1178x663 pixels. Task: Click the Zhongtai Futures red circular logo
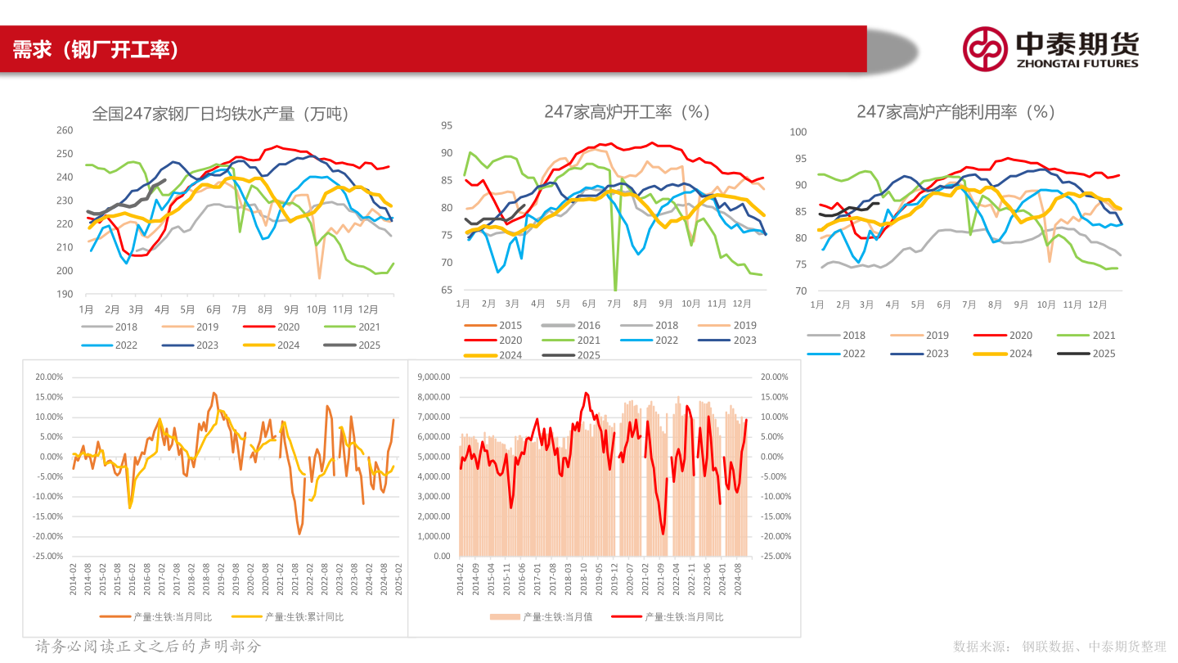[x=984, y=49]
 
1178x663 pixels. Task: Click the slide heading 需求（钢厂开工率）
[x=96, y=50]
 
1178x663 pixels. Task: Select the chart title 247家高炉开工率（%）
[x=627, y=111]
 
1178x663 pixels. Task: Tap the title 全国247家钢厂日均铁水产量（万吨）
[x=221, y=114]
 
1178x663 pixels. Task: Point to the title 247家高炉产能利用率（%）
[x=955, y=111]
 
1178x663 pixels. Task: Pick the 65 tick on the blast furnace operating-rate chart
[x=447, y=291]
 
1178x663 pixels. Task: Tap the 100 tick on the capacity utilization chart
[x=798, y=132]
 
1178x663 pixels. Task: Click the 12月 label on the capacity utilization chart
[x=1097, y=304]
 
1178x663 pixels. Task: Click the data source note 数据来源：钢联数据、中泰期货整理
[x=1059, y=647]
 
